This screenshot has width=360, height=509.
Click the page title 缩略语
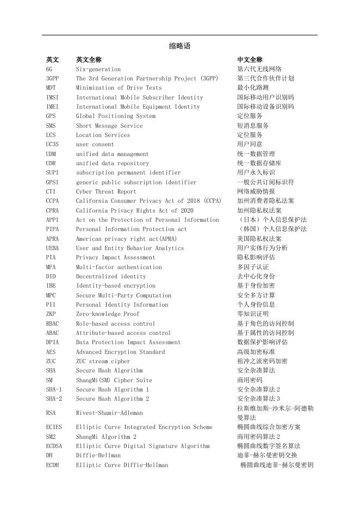[x=180, y=46]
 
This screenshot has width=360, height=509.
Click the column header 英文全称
[x=89, y=59]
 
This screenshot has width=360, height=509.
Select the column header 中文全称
[x=250, y=59]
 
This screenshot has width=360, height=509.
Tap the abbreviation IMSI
[x=53, y=97]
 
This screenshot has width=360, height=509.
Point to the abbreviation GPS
[x=51, y=116]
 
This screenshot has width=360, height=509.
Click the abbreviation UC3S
[x=53, y=144]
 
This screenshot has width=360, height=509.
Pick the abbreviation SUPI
[x=53, y=172]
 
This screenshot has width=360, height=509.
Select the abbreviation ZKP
[x=51, y=314]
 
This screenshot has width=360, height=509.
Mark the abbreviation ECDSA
[x=55, y=446]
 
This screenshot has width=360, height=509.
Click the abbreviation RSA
[x=51, y=413]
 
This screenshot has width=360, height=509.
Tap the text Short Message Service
[x=109, y=126]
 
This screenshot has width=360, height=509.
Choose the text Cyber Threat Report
[x=106, y=191]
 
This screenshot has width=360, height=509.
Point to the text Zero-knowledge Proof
[x=108, y=314]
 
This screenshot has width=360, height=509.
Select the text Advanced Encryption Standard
[x=120, y=352]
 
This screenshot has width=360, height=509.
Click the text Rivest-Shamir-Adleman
[x=109, y=413]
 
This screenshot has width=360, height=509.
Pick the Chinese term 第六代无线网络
[x=259, y=69]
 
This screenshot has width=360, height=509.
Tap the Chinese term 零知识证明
[x=253, y=314]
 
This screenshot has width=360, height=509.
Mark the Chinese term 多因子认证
[x=253, y=267]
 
